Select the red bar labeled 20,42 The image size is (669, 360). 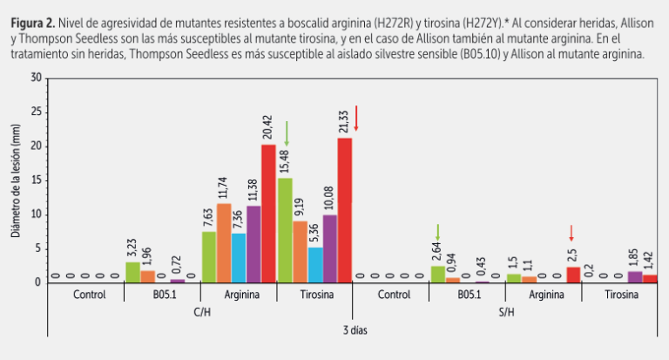268,214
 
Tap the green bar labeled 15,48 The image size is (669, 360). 285,230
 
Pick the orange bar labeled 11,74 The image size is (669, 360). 224,242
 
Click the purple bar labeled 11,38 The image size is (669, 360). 253,244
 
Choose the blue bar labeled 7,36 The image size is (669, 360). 239,258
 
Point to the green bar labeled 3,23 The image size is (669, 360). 132,272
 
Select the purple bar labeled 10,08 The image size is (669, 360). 329,248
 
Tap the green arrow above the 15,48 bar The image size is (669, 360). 286,132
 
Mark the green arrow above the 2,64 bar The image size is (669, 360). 437,232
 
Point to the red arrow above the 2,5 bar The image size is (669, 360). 571,233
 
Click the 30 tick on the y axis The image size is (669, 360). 37,78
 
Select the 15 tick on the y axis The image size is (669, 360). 37,180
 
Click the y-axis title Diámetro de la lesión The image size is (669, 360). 15,180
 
